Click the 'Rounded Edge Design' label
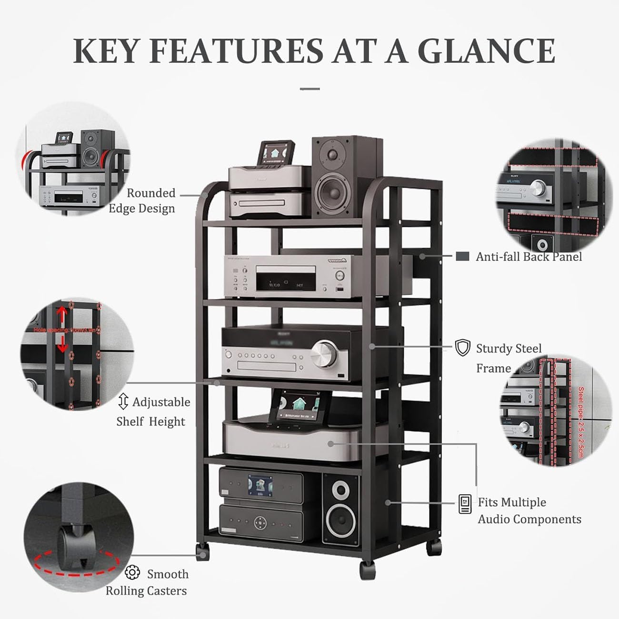142,200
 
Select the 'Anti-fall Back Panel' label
529,257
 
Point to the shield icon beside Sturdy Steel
462,348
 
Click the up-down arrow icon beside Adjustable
123,401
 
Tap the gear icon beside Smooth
132,572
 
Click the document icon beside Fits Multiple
465,504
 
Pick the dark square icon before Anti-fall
462,256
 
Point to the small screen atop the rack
276,153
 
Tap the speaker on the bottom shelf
340,508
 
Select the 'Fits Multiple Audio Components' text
529,510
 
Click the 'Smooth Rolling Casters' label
147,582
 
